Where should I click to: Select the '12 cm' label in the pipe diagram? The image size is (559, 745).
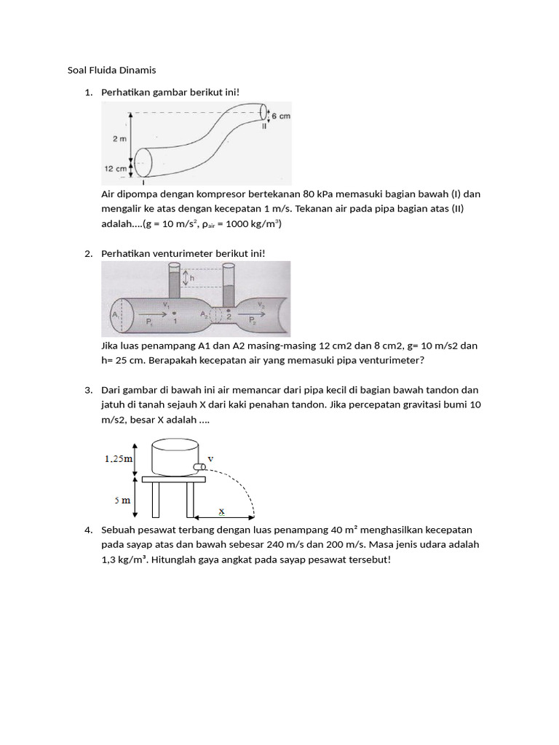(116, 167)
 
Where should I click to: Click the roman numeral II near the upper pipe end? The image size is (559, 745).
(265, 126)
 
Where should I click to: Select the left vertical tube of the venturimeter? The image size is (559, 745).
(173, 283)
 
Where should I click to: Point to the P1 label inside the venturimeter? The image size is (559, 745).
(149, 321)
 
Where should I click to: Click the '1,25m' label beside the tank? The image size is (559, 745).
(119, 458)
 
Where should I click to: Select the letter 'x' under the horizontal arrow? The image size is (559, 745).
(222, 511)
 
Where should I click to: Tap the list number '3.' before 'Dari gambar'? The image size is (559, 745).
(88, 390)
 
